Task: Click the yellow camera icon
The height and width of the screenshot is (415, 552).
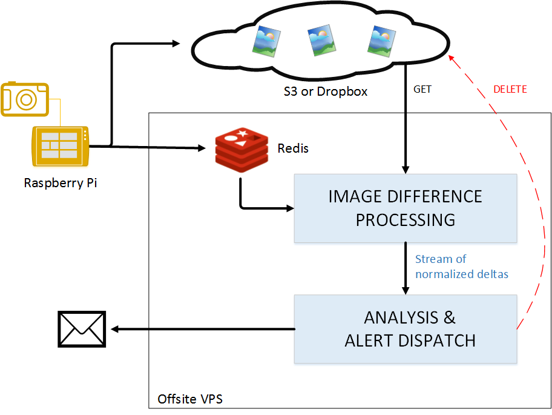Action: tap(25, 98)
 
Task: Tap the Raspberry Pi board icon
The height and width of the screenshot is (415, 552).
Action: tap(61, 146)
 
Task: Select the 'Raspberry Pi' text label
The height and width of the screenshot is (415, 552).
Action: tap(61, 182)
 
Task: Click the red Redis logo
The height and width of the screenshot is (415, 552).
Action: tap(241, 150)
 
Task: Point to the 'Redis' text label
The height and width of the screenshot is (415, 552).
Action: tap(293, 148)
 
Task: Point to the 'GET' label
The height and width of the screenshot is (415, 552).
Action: tap(422, 90)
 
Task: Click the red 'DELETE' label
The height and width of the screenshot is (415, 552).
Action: tap(510, 90)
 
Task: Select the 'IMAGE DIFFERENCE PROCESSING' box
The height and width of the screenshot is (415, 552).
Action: tap(405, 208)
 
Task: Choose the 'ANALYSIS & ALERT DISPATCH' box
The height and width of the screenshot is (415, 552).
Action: tap(405, 329)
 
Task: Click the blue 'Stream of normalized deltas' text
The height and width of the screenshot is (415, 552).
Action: tap(461, 267)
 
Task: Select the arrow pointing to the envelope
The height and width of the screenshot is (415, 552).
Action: tap(200, 329)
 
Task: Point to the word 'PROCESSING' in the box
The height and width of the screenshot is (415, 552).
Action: tap(405, 219)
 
